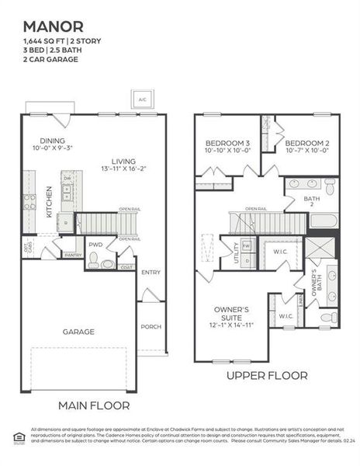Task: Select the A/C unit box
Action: [x=143, y=101]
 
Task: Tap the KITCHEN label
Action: [x=48, y=200]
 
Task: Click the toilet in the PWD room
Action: [x=93, y=263]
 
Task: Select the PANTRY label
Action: [x=73, y=255]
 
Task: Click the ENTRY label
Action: [x=151, y=272]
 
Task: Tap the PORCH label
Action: [x=151, y=326]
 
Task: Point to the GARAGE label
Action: [x=79, y=332]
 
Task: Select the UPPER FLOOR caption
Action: [x=267, y=375]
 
